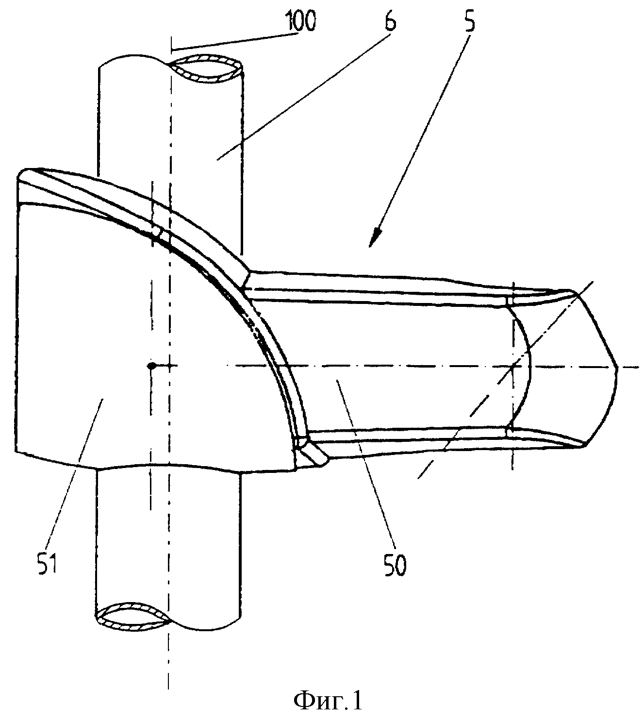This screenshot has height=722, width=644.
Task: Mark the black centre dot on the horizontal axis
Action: pyautogui.click(x=152, y=366)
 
